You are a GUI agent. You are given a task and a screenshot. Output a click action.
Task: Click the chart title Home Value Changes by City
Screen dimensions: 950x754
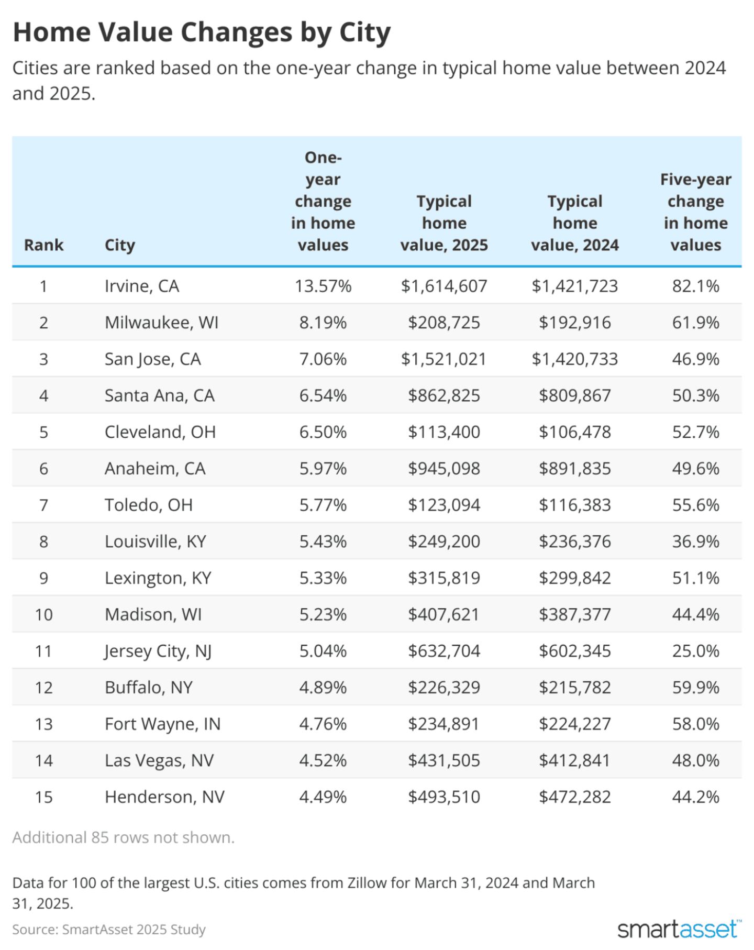pyautogui.click(x=202, y=32)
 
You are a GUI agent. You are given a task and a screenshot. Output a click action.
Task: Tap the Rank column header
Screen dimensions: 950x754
pyautogui.click(x=43, y=245)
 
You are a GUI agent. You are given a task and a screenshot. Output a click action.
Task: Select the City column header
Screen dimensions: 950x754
pyautogui.click(x=120, y=245)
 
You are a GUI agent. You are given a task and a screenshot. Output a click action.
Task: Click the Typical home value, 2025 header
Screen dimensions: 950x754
pyautogui.click(x=444, y=223)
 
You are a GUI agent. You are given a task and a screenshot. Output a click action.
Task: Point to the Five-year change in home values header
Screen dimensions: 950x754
pyautogui.click(x=695, y=212)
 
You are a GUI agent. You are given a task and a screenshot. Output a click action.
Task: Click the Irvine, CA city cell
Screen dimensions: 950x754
pyautogui.click(x=142, y=286)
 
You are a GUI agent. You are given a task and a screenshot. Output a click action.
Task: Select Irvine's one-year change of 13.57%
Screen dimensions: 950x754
pyautogui.click(x=323, y=286)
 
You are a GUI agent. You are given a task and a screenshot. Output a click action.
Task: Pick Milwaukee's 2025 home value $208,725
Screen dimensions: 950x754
pyautogui.click(x=444, y=323)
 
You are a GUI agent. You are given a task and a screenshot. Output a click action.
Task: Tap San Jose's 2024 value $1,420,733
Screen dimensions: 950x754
pyautogui.click(x=575, y=359)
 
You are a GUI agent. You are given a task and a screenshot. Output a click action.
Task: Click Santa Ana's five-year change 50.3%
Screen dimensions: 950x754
pyautogui.click(x=695, y=395)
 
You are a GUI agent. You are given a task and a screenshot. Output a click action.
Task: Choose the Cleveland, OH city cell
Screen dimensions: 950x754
pyautogui.click(x=160, y=432)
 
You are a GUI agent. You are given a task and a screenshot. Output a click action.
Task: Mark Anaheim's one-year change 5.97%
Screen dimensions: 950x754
pyautogui.click(x=323, y=468)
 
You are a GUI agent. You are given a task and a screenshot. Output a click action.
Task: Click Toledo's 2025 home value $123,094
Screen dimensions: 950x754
pyautogui.click(x=444, y=505)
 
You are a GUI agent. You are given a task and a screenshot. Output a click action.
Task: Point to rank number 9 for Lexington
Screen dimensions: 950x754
pyautogui.click(x=43, y=578)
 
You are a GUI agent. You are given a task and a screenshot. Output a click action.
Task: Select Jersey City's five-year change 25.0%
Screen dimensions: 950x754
pyautogui.click(x=695, y=651)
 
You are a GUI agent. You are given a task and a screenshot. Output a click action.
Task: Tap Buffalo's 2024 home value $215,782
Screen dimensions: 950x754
pyautogui.click(x=575, y=687)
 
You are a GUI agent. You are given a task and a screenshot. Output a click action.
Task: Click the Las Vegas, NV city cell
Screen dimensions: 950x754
pyautogui.click(x=159, y=760)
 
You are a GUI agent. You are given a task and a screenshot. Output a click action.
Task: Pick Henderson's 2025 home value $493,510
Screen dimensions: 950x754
pyautogui.click(x=444, y=797)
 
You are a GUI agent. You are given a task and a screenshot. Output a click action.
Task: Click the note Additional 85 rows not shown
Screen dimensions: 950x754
pyautogui.click(x=124, y=838)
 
